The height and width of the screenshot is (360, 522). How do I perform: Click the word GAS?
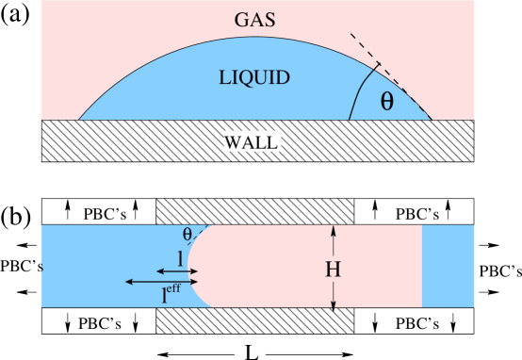(257, 18)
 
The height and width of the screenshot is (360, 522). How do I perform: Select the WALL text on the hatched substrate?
(251, 142)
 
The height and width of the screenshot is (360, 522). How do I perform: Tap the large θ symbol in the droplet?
(386, 102)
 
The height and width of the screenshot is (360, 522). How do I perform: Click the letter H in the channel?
(333, 269)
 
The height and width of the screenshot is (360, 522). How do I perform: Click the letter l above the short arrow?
(180, 257)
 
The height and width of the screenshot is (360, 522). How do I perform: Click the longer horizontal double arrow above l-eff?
(161, 282)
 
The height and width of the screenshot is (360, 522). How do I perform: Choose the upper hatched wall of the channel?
(253, 211)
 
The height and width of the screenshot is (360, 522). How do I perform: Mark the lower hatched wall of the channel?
(253, 321)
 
